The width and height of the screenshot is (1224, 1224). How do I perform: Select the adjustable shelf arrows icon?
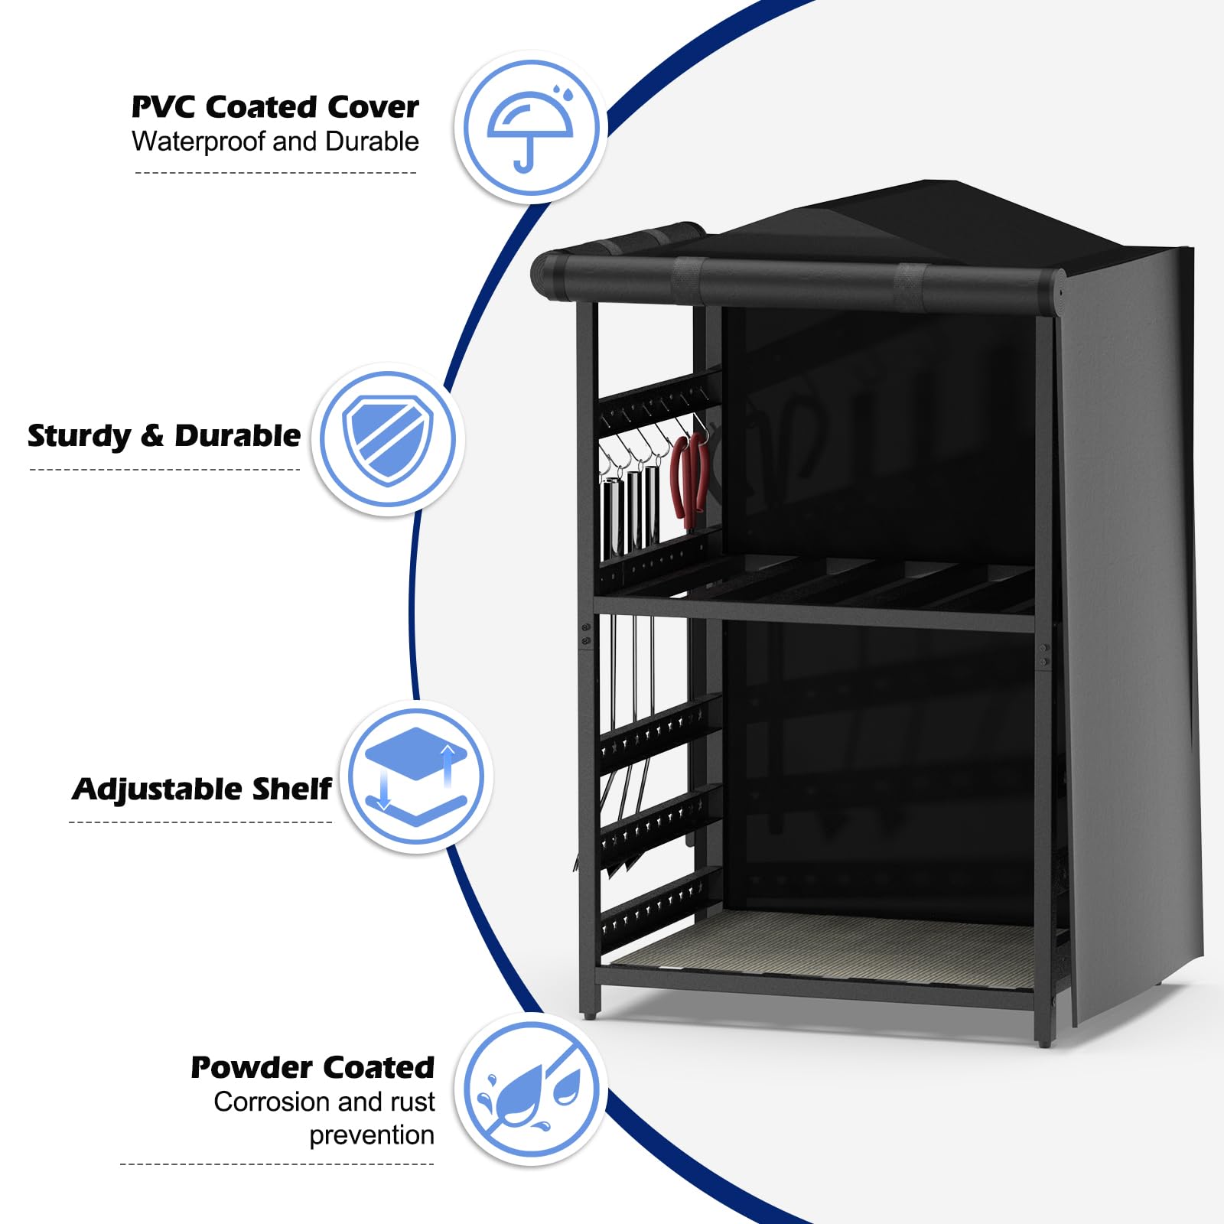point(415,776)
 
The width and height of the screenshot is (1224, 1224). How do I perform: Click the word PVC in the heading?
point(163,107)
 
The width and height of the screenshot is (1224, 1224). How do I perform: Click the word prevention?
point(372,1136)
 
